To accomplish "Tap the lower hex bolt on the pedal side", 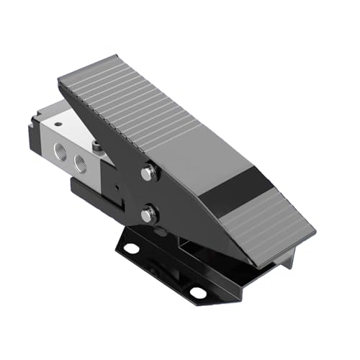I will [x=148, y=215].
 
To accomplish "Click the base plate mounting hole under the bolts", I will [x=130, y=248].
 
